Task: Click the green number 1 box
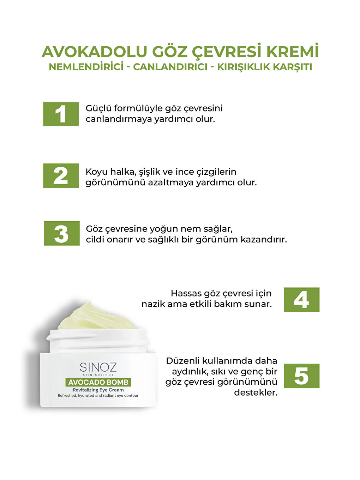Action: tap(61, 114)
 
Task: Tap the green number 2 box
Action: tap(61, 175)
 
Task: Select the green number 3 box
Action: tap(62, 233)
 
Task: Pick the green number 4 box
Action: tap(301, 300)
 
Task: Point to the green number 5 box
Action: tap(301, 376)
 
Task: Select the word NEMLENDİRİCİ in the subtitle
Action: tap(86, 67)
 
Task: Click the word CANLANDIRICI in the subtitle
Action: tap(170, 67)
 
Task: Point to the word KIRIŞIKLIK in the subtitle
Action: tap(244, 67)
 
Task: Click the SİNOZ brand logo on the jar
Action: tap(98, 367)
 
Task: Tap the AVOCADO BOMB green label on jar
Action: tap(98, 382)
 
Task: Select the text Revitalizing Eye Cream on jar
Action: tap(98, 390)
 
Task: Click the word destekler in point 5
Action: tap(256, 392)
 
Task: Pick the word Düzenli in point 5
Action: tap(182, 361)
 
